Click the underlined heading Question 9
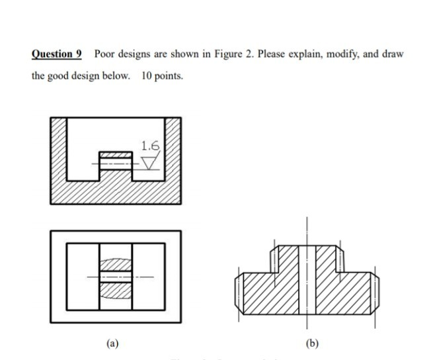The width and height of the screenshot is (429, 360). coord(60,54)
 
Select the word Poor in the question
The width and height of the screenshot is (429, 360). coord(106,54)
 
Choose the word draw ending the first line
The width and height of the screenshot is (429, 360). coord(391,54)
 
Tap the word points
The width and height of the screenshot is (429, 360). coord(169,76)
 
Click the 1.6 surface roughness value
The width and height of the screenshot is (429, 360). coord(149,145)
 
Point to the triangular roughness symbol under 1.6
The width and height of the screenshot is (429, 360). coord(151,161)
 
